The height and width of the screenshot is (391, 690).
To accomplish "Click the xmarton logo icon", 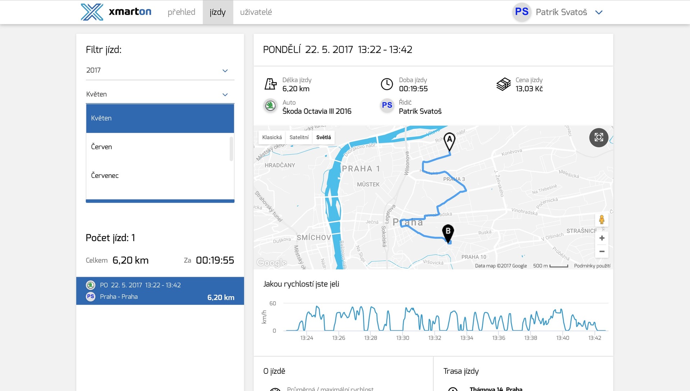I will click(x=92, y=12).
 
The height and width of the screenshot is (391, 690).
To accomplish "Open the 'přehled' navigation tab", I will click(x=181, y=12).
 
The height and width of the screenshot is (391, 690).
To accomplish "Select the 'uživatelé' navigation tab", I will click(x=256, y=12).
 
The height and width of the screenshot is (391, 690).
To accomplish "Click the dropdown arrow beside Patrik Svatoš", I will click(x=599, y=12).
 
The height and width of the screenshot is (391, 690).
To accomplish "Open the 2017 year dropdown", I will click(x=160, y=70).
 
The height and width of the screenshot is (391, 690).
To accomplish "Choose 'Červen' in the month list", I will click(x=102, y=147).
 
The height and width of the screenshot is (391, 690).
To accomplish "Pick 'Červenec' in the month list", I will click(x=105, y=175).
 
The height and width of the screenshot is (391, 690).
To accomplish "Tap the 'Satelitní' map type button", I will click(x=299, y=137).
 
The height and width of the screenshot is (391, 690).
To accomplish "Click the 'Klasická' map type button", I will click(x=272, y=137).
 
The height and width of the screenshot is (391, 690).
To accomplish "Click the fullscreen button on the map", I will click(x=599, y=137).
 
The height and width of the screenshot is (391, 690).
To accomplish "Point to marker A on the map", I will click(x=449, y=141).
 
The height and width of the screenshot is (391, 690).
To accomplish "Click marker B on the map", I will click(x=448, y=232).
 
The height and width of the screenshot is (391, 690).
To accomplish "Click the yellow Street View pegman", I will click(x=602, y=220).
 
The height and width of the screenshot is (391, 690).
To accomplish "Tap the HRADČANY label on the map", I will click(x=280, y=165).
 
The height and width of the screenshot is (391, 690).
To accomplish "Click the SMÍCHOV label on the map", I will click(x=314, y=237).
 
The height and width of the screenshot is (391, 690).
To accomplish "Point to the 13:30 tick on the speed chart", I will click(x=403, y=338).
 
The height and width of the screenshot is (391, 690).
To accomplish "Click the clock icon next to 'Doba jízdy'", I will click(x=387, y=84).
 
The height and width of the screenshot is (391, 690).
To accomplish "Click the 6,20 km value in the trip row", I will click(x=221, y=297).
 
